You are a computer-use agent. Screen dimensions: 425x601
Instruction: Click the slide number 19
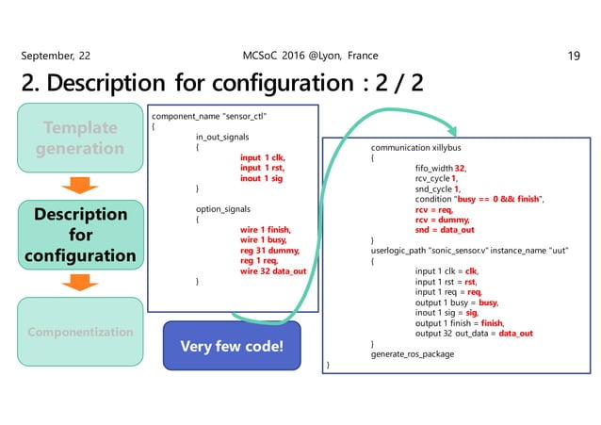coord(574,56)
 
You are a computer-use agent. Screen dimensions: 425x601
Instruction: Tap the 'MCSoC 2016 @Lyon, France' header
coord(300,56)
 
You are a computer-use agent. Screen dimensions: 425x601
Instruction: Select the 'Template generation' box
coord(80,138)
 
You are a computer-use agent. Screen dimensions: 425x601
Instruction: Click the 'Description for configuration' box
coord(80,235)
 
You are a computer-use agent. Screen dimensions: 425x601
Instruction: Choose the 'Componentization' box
coord(80,332)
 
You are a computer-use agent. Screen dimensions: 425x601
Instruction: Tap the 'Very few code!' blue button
coord(232,345)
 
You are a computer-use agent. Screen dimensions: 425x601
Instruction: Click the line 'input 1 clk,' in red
coord(262,157)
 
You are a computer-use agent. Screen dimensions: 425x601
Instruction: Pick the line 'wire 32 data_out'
coord(273,271)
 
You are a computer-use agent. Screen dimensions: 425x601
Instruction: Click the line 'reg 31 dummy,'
coord(268,250)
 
